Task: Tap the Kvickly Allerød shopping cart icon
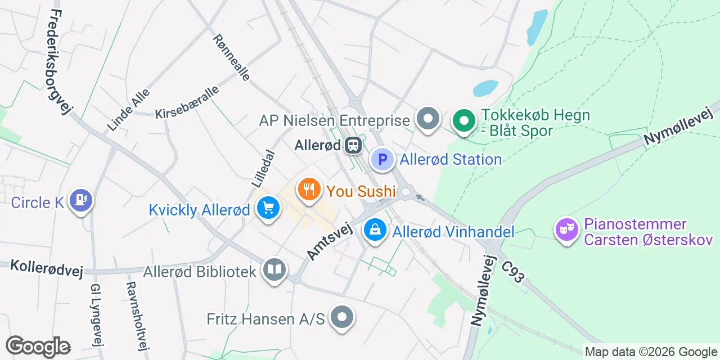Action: pos(268,208)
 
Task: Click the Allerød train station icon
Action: pos(353,145)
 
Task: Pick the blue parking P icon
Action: pos(382,159)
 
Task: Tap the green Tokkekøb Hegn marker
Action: pos(463,120)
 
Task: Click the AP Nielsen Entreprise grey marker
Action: pos(429,119)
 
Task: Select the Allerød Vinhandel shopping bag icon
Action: pos(374,229)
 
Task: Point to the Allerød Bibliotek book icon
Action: pos(274,270)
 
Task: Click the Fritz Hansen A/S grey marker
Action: pos(342,317)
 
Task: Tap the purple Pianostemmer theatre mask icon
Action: pos(566,229)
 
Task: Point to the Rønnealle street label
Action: pos(231,57)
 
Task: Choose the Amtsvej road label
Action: pos(329,241)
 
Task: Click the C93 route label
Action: pos(513,271)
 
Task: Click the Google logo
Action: pos(38,346)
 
